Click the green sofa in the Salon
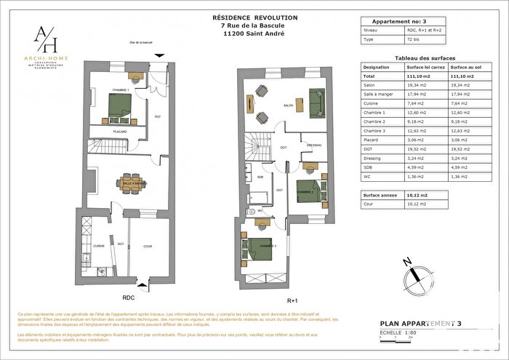(316, 103)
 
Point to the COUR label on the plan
(148, 246)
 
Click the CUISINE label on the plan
(99, 246)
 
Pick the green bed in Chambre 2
(309, 190)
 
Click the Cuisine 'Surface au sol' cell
(462, 103)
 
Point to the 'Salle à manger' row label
(376, 94)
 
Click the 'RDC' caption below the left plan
(128, 297)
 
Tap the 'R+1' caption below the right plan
(293, 300)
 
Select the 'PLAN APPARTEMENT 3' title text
(420, 323)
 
